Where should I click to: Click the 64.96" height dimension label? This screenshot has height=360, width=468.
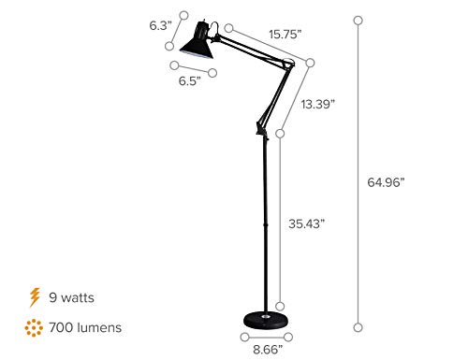(x=386, y=182)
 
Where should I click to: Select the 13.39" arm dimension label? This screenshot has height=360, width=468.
(x=318, y=106)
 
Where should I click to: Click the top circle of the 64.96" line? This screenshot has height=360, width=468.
(x=358, y=17)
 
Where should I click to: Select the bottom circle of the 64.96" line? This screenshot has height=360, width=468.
(x=358, y=325)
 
